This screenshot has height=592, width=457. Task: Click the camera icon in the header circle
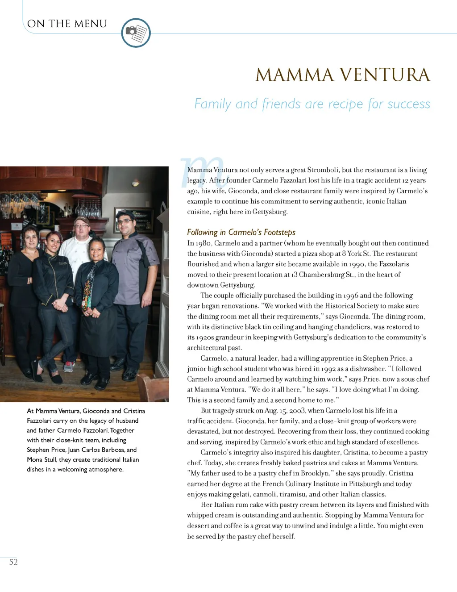[x=131, y=31]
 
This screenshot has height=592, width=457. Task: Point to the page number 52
[x=13, y=562]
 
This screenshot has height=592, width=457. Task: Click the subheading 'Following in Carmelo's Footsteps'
[x=241, y=232]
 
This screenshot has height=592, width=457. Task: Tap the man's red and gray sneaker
[x=69, y=367]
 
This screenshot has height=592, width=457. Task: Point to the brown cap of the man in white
[x=82, y=220]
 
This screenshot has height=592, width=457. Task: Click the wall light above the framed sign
[x=135, y=183]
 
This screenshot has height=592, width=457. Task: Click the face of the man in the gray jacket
[x=125, y=224]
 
